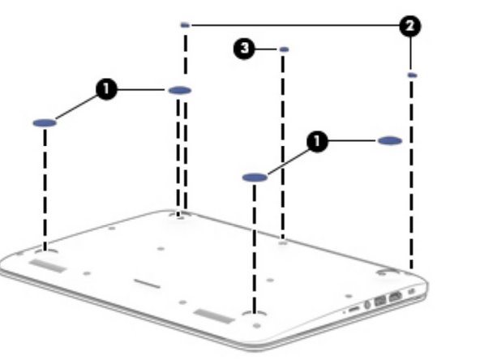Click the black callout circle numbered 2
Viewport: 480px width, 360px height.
point(410,26)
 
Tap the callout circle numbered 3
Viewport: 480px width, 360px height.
point(244,49)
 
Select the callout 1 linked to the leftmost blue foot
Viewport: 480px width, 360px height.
point(106,89)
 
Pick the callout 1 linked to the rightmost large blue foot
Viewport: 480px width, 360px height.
point(317,141)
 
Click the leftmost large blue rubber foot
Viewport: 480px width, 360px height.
point(45,123)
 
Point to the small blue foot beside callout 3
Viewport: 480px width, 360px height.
point(284,49)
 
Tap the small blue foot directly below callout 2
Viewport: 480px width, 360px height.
point(413,75)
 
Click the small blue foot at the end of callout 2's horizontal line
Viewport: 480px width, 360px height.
point(185,25)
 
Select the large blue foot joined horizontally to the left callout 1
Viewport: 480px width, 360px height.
point(180,90)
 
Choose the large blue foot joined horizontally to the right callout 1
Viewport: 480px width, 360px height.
point(390,141)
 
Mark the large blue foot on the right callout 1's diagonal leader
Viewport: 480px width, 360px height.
point(255,178)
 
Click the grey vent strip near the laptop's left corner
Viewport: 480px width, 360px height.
point(48,265)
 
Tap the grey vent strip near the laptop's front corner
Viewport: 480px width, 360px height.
point(214,316)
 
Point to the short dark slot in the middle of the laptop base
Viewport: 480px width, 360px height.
point(147,284)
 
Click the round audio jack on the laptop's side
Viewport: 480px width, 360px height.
point(367,305)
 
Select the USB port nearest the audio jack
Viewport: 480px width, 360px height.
point(380,301)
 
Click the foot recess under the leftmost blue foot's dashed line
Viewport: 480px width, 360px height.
point(45,251)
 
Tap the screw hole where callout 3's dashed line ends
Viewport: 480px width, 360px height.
point(283,243)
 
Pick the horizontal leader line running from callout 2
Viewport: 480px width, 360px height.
point(295,25)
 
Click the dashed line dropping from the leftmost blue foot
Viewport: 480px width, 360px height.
point(45,189)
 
